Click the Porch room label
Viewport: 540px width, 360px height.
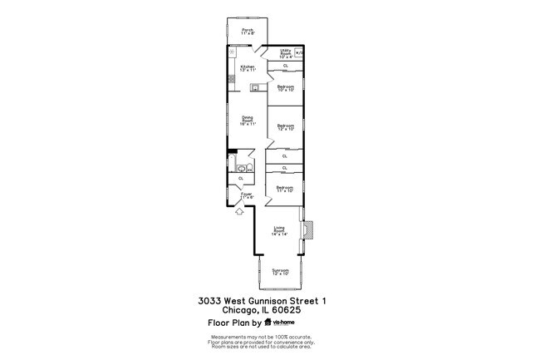248,32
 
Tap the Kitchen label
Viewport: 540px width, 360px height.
247,69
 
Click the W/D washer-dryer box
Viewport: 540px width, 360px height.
300,52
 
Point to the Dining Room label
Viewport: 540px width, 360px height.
248,121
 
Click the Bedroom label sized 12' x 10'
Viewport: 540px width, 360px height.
285,127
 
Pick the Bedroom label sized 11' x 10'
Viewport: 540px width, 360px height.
285,190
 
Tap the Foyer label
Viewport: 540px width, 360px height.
247,195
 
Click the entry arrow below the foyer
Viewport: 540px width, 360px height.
240,211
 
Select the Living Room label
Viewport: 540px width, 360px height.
280,232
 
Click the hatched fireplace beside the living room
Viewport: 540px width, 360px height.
306,235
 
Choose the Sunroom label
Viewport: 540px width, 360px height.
280,272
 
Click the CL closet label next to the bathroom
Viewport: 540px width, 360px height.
241,178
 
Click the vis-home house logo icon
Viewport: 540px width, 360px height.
268,322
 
